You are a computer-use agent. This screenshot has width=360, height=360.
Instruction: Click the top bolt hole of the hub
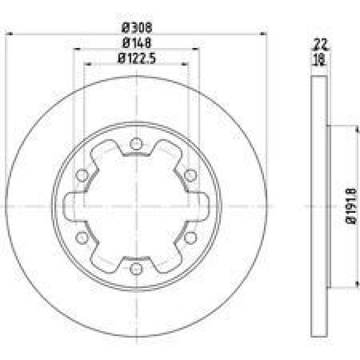136,144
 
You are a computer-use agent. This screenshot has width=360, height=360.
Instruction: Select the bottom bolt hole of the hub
136,268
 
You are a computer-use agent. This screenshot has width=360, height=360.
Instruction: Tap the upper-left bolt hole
82,175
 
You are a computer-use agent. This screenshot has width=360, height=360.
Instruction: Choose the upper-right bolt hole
190,175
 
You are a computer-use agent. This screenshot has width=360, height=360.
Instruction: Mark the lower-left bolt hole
82,236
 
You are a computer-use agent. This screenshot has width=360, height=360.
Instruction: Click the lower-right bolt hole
190,236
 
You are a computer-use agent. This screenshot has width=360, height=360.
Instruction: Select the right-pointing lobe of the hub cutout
200,206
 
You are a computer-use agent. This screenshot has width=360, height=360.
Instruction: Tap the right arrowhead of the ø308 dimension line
263,34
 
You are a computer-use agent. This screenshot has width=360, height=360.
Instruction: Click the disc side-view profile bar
319,206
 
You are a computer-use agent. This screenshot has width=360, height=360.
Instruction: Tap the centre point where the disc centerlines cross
136,206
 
